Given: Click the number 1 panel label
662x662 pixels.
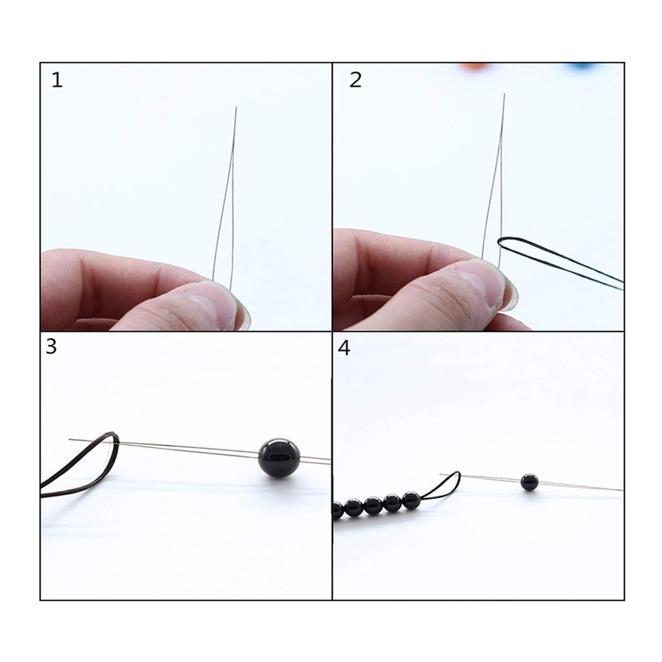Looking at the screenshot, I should point(57,81).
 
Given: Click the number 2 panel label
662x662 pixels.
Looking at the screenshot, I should point(355,80).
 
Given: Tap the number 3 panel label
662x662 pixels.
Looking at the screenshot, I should point(51,347).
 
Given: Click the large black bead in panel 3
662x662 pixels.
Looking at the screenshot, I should point(277,455).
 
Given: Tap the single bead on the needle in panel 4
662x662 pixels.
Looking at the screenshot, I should point(529,482).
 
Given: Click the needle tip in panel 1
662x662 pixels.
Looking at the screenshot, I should point(236,108).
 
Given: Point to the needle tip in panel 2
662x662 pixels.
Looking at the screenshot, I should point(504,95).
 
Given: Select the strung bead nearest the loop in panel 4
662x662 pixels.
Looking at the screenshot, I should point(412,500).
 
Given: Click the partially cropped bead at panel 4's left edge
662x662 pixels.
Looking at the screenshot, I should point(337,510).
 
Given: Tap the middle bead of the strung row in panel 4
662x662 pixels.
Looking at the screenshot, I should point(373,505).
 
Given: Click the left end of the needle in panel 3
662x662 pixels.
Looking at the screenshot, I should point(71,439).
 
